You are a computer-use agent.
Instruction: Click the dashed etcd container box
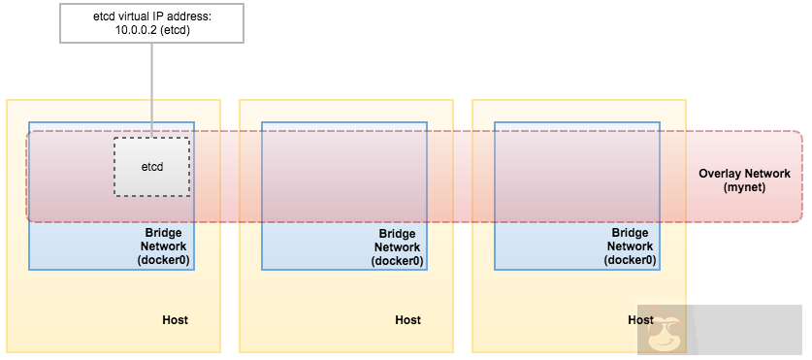(151, 166)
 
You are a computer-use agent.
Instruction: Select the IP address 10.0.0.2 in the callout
(137, 30)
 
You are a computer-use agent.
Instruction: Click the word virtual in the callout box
(127, 16)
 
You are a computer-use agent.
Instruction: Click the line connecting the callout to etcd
(151, 87)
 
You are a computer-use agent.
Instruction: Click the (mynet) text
(744, 187)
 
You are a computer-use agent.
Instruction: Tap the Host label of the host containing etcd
(175, 319)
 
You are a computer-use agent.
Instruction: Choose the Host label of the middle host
(407, 319)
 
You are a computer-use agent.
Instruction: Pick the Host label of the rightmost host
(640, 319)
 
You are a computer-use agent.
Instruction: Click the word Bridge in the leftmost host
(163, 233)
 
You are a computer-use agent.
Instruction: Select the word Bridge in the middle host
(396, 233)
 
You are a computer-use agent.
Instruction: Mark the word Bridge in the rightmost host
(629, 233)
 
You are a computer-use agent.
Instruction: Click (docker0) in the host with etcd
(163, 260)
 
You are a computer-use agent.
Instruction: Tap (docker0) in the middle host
(396, 260)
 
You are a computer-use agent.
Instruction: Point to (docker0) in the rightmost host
(629, 260)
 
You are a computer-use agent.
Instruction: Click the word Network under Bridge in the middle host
(396, 246)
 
